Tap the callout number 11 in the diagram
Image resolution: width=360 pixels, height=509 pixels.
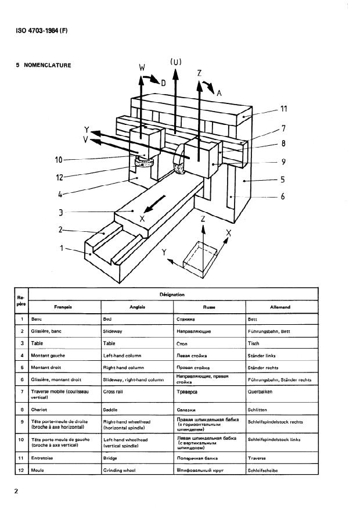tap(285, 109)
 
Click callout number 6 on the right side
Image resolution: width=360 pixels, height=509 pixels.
tap(283, 197)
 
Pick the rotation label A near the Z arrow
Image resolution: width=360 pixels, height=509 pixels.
tap(219, 92)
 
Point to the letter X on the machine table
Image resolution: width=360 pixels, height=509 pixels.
tap(142, 219)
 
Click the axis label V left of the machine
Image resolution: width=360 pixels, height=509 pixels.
tap(86, 139)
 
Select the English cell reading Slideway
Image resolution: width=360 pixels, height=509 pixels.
tap(113, 331)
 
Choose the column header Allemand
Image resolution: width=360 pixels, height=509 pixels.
tap(280, 307)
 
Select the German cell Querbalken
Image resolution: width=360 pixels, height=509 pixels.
tap(261, 392)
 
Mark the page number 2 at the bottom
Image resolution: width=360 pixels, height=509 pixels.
tap(17, 492)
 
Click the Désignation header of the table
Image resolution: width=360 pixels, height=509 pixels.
tap(172, 295)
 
